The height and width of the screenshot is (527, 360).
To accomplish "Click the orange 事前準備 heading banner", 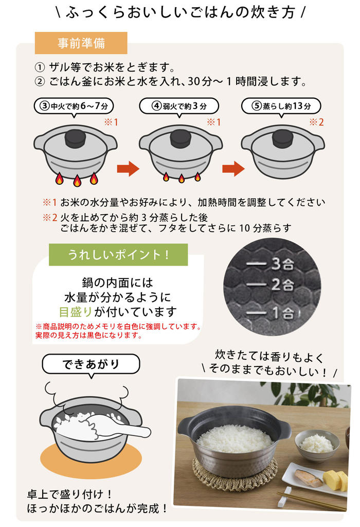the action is point(81,43).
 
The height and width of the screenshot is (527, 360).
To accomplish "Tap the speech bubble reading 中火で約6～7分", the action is point(74,106).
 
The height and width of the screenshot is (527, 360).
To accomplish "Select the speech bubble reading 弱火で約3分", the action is point(179,106).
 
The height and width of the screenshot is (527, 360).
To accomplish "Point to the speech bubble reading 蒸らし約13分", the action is point(281,106).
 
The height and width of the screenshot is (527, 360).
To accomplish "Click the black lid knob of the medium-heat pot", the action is point(75,138).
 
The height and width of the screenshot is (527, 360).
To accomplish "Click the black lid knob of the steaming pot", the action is point(283,138).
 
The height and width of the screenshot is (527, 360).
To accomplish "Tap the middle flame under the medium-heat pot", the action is point(77,181).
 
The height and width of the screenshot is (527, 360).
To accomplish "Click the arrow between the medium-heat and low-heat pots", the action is point(128,168).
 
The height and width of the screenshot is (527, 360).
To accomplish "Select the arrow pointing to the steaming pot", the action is point(233,168).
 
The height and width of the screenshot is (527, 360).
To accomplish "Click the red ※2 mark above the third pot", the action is point(316,122).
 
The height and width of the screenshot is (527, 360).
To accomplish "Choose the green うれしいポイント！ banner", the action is point(118,255).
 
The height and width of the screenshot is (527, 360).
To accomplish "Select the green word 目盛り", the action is point(75,312).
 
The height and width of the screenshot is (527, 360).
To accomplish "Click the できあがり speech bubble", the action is point(91,364).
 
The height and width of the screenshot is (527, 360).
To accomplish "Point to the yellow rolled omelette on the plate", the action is point(336,480).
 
